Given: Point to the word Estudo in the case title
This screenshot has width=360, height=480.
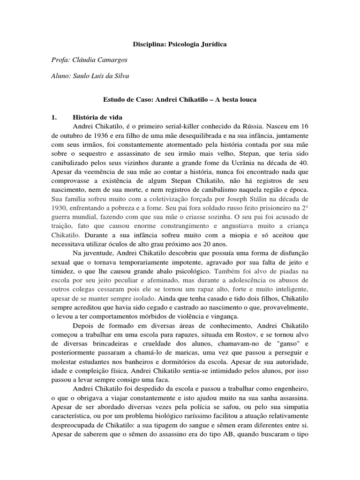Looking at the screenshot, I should (113, 100).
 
